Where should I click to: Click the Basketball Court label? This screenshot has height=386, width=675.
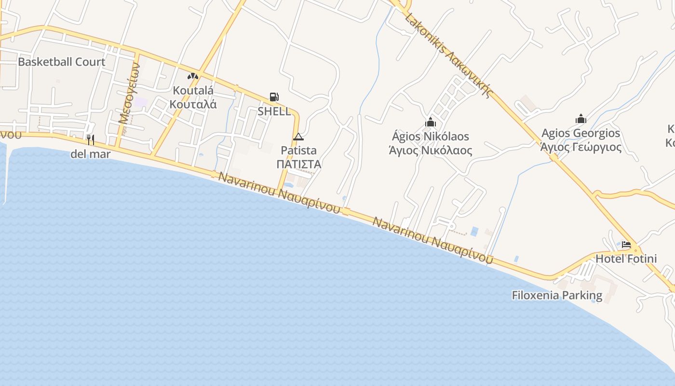61,62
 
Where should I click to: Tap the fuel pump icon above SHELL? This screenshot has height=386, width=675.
274,97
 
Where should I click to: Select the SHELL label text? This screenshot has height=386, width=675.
274,111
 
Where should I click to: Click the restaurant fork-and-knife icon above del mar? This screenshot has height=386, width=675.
90,140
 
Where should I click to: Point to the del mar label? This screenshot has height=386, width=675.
90,154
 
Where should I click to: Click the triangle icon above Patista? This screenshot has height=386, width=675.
298,137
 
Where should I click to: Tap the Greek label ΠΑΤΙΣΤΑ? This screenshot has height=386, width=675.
299,164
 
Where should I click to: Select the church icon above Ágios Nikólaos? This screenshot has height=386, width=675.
430,123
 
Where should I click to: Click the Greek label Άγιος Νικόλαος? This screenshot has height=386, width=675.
430,150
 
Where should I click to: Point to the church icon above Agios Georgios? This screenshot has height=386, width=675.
580,119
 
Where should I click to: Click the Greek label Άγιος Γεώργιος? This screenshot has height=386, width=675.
580,147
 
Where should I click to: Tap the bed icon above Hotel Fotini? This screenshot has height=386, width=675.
626,245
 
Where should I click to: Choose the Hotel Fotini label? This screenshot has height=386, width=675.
626,259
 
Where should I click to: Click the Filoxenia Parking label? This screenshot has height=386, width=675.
557,295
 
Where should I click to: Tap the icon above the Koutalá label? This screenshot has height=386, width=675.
193,76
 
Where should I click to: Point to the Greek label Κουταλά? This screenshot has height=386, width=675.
193,104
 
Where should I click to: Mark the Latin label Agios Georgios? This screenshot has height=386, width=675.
580,133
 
